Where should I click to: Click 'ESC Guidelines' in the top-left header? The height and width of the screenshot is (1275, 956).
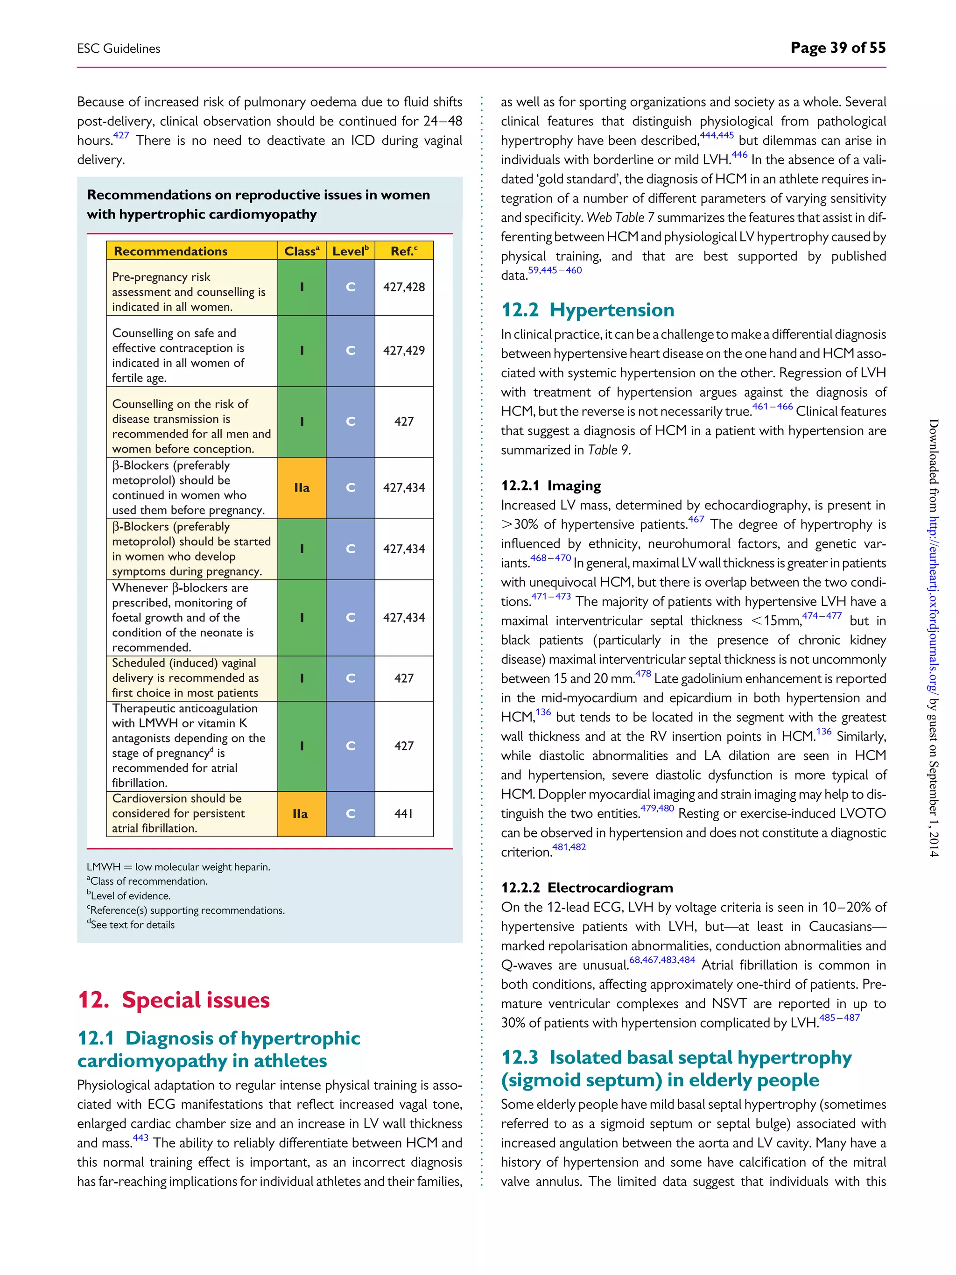[x=119, y=49]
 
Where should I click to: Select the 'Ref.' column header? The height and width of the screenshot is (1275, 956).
[x=403, y=251]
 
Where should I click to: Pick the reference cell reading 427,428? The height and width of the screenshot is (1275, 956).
[x=404, y=287]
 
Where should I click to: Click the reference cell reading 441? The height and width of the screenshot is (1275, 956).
[x=404, y=813]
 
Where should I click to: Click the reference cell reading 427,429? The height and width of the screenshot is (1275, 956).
[x=404, y=351]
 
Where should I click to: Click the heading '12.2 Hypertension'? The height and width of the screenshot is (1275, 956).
[x=587, y=310]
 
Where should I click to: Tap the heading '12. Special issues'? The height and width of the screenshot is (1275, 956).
[x=174, y=1000]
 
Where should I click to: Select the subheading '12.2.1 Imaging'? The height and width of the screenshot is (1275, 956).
[x=550, y=486]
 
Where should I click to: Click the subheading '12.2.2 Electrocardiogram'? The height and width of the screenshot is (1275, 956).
[x=587, y=888]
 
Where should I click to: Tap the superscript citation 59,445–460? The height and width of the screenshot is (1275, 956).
[x=555, y=270]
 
